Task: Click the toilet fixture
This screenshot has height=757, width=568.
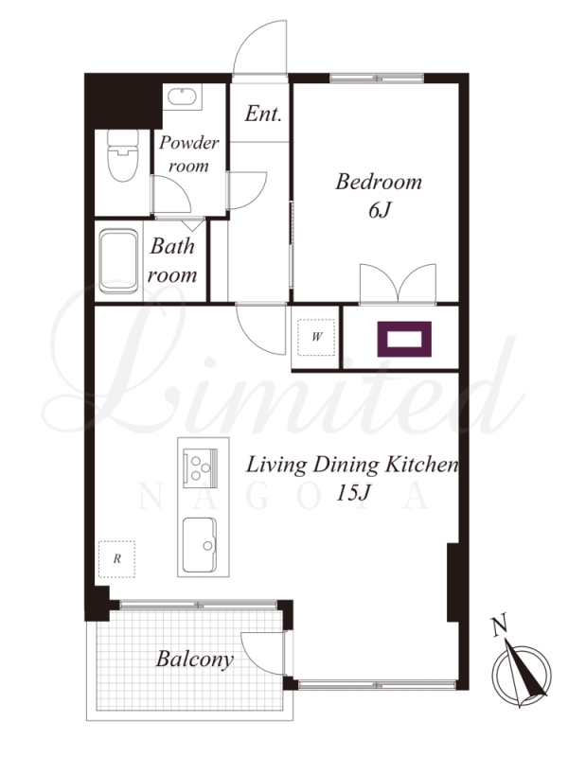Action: click(122, 155)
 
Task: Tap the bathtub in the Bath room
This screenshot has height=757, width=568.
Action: click(119, 261)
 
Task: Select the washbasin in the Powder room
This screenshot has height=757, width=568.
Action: click(182, 97)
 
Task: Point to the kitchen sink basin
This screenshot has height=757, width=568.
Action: click(200, 545)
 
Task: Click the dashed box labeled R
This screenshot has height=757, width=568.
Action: click(116, 559)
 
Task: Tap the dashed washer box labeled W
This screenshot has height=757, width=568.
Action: click(316, 337)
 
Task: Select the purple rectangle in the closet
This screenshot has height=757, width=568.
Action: click(404, 340)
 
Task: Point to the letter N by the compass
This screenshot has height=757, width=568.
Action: click(500, 625)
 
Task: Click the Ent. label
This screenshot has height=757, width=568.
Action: click(263, 114)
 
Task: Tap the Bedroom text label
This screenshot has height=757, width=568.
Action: click(379, 182)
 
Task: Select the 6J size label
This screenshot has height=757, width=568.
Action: click(380, 210)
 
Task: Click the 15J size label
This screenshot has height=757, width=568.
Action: click(353, 493)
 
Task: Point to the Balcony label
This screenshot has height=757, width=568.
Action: click(195, 660)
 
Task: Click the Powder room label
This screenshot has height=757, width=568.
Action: click(188, 154)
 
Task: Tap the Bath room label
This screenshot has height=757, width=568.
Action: click(172, 261)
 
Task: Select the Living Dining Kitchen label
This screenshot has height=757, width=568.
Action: click(352, 465)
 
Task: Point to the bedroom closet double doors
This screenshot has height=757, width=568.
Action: click(398, 285)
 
